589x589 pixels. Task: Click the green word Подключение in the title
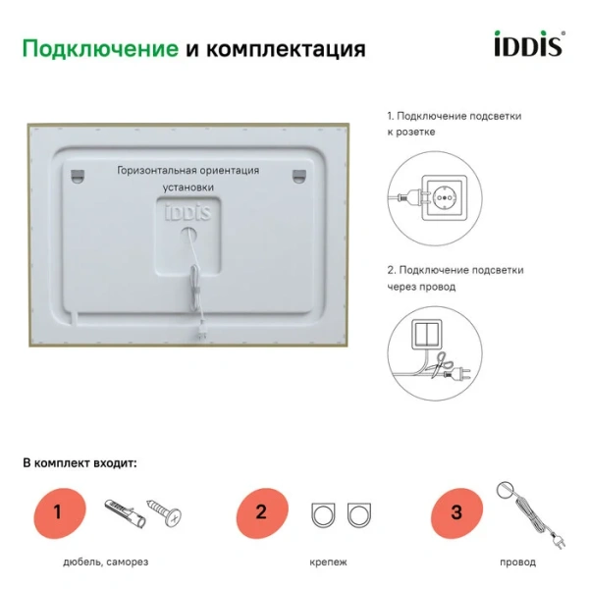click(x=99, y=49)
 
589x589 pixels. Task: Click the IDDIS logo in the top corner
click(x=526, y=44)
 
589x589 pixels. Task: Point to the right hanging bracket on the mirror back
click(x=298, y=174)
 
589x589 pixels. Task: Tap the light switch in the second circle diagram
click(x=428, y=333)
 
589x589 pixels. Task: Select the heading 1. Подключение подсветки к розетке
click(x=455, y=123)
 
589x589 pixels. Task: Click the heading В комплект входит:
click(x=81, y=461)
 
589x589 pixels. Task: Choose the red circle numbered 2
click(x=261, y=511)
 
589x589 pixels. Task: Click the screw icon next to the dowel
click(x=163, y=511)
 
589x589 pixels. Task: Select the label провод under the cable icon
click(x=517, y=562)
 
